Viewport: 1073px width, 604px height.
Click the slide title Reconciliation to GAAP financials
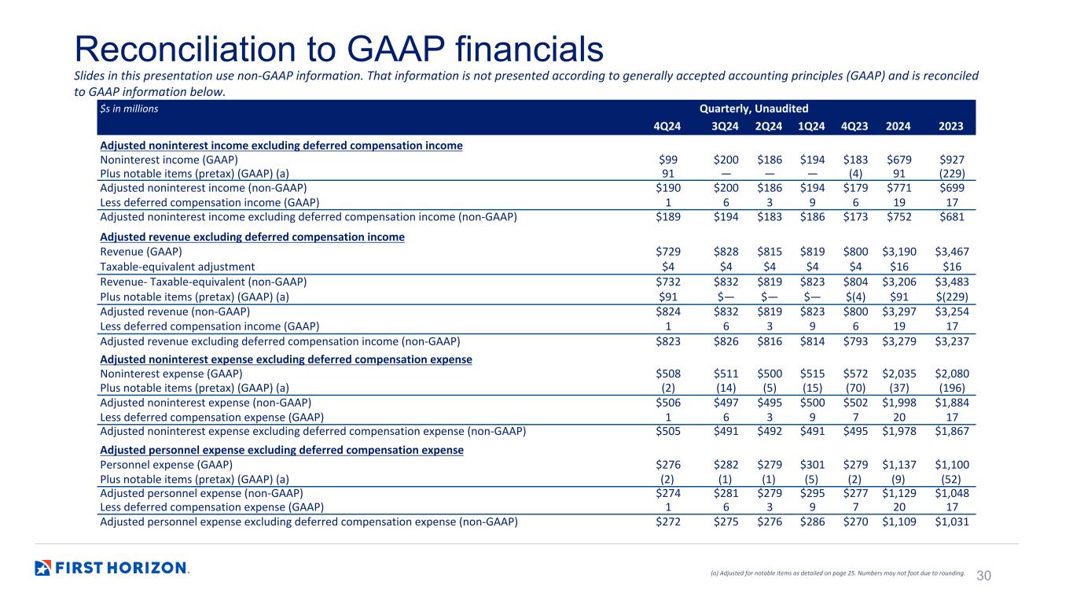(x=339, y=49)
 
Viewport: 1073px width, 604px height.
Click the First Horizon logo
(x=112, y=568)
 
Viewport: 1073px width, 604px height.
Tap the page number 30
(x=983, y=576)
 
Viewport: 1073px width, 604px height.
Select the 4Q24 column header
(x=667, y=126)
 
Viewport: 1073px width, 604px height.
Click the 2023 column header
(x=951, y=126)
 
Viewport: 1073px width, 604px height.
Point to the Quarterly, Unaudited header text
(x=754, y=109)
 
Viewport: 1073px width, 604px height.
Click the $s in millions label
(x=129, y=109)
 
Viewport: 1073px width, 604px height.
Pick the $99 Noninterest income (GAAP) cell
(x=668, y=160)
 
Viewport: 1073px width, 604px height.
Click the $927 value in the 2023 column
(x=952, y=160)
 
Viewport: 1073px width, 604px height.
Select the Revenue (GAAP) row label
(x=141, y=252)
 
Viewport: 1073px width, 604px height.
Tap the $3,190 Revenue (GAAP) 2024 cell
(x=899, y=252)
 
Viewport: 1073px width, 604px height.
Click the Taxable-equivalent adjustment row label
(x=177, y=267)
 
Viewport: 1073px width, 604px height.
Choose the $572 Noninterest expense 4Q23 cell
(x=855, y=374)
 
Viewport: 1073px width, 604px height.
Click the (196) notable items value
(x=952, y=388)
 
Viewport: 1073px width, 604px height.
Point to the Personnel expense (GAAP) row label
(x=166, y=465)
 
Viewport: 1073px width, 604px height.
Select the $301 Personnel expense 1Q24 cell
(x=813, y=465)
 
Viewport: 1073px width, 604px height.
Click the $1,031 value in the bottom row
(x=952, y=521)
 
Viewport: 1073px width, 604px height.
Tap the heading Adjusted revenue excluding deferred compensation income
(x=252, y=237)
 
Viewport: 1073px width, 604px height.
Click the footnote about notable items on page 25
(x=837, y=573)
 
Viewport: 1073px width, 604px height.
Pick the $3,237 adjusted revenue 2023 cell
(x=952, y=341)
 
